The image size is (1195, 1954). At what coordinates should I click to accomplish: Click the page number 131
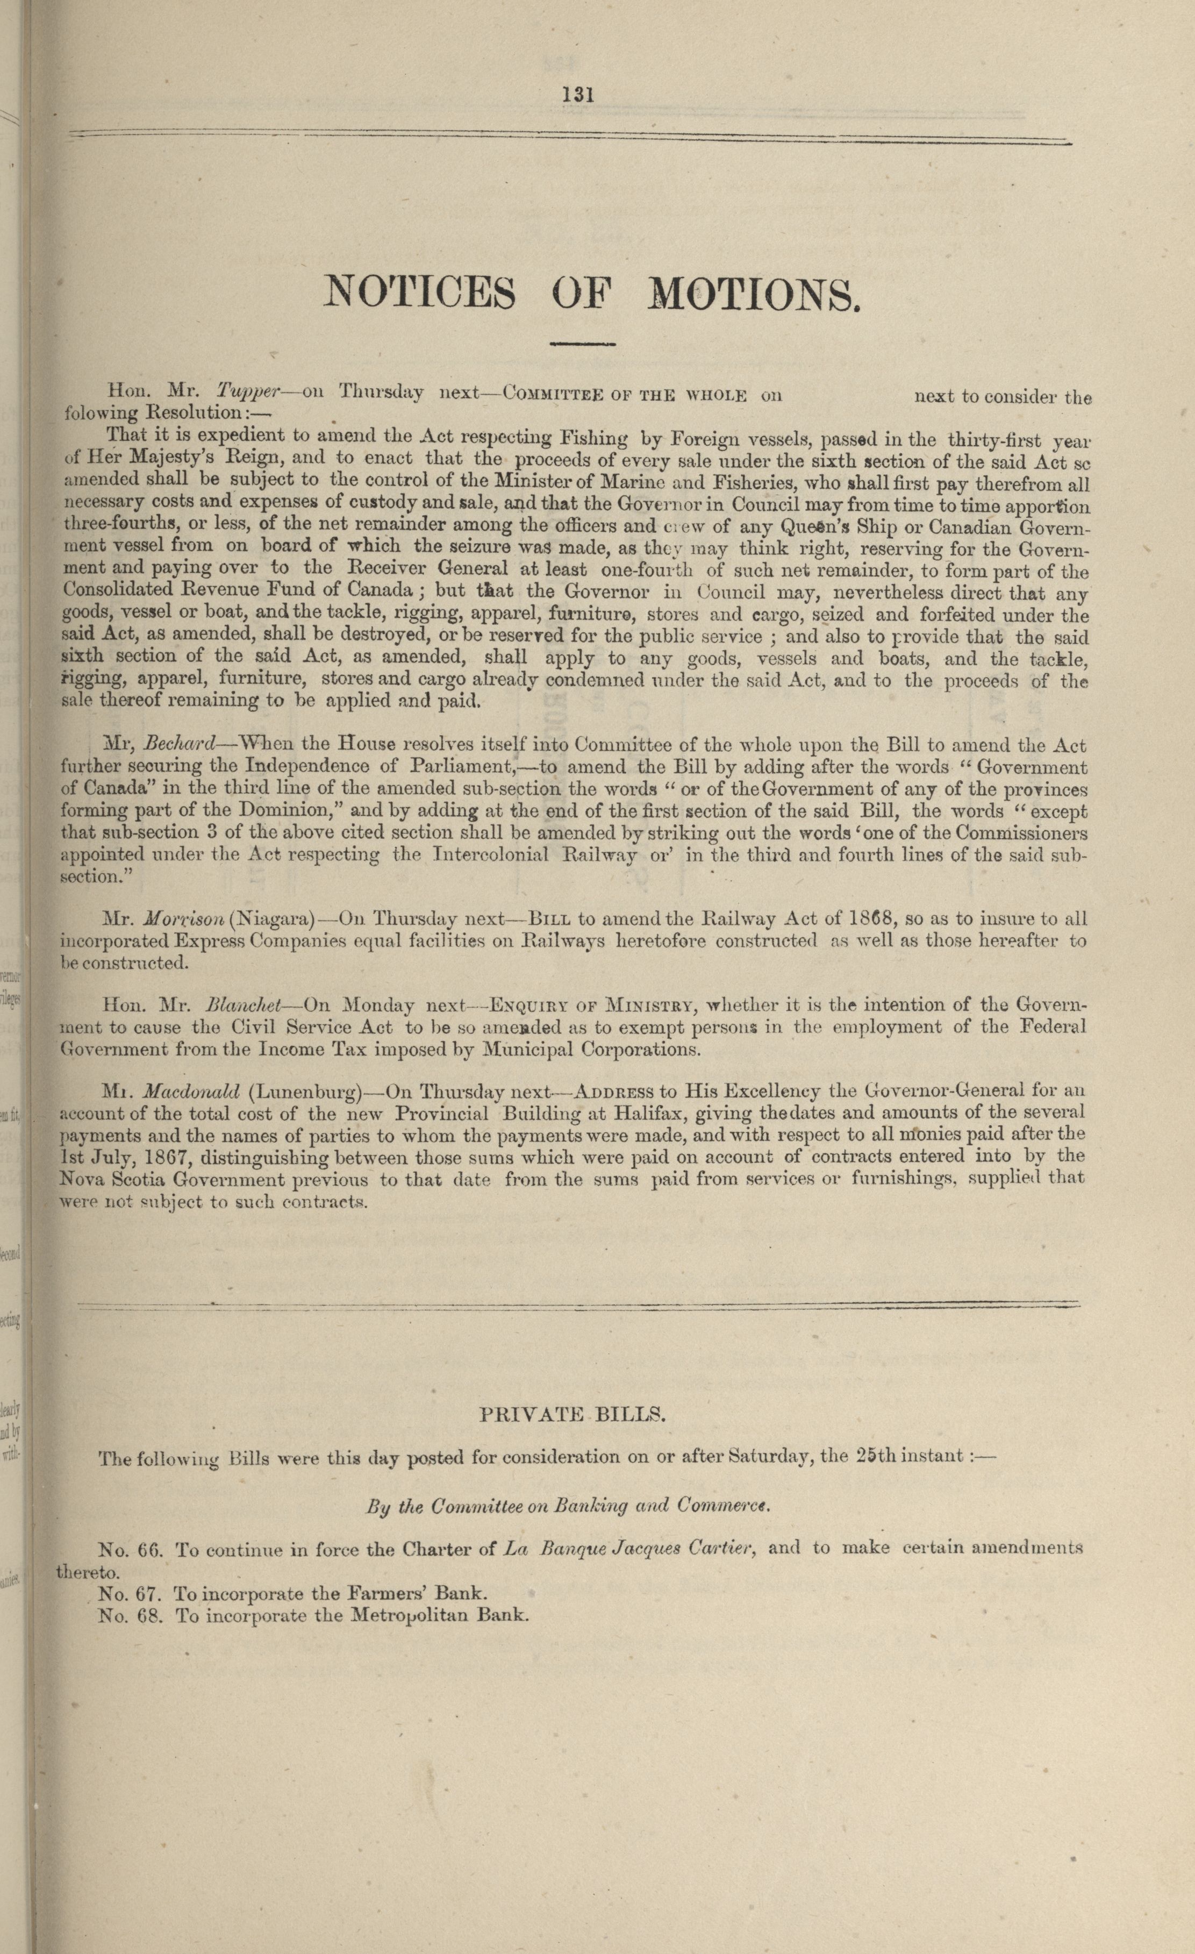pyautogui.click(x=578, y=95)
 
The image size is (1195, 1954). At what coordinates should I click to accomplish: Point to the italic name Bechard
pyautogui.click(x=182, y=745)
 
